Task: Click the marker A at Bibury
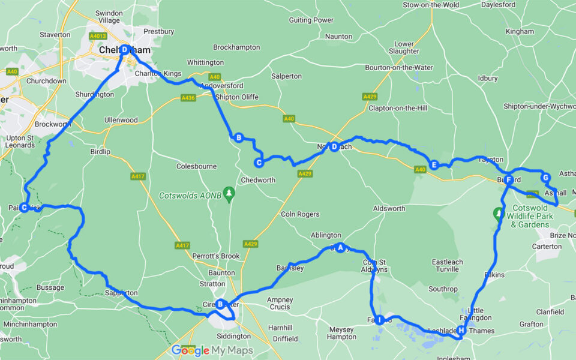pyautogui.click(x=341, y=247)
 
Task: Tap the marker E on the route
pyautogui.click(x=433, y=165)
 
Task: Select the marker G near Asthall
pyautogui.click(x=545, y=178)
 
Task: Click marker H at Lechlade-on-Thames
pyautogui.click(x=461, y=330)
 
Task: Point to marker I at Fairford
pyautogui.click(x=379, y=320)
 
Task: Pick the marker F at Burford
pyautogui.click(x=508, y=179)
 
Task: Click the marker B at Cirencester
pyautogui.click(x=220, y=304)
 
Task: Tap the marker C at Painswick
pyautogui.click(x=24, y=208)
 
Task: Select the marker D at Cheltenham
pyautogui.click(x=124, y=50)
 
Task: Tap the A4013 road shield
pyautogui.click(x=98, y=36)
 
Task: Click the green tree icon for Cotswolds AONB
pyautogui.click(x=228, y=193)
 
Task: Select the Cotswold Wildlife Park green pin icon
pyautogui.click(x=497, y=213)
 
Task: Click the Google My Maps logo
pyautogui.click(x=212, y=350)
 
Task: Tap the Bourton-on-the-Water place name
pyautogui.click(x=398, y=67)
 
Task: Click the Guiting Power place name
pyautogui.click(x=311, y=20)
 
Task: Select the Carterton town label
pyautogui.click(x=547, y=247)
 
